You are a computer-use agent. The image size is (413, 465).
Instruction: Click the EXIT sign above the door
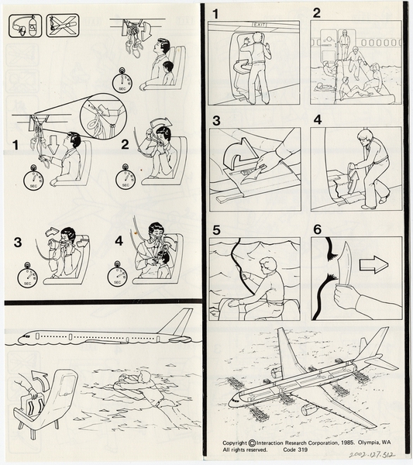(259, 26)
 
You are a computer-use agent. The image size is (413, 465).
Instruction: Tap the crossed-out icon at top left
(62, 26)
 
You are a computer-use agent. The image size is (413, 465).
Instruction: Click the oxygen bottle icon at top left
(23, 26)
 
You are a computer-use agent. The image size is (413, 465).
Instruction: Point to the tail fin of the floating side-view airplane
(183, 322)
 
